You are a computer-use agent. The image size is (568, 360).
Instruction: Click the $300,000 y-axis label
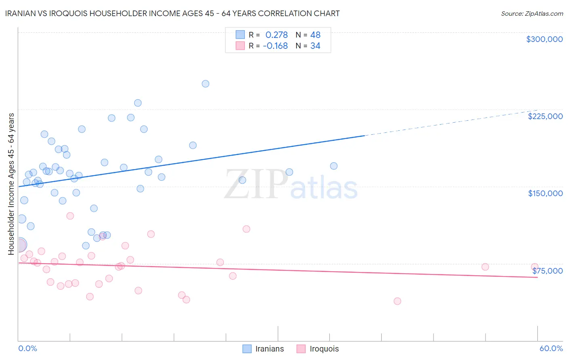[544, 39]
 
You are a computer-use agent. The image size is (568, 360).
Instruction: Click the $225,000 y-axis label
[545, 116]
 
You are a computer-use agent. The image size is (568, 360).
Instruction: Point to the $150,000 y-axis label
[545, 193]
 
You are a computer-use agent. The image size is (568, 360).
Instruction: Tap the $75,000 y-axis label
[547, 271]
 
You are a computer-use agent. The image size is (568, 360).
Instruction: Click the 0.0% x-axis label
[27, 348]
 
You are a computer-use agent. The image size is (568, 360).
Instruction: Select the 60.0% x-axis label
[551, 348]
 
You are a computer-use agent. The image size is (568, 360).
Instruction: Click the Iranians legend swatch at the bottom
[247, 349]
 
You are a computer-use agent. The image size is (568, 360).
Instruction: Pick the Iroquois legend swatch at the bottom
[301, 349]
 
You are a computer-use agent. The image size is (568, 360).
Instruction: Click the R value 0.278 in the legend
[276, 35]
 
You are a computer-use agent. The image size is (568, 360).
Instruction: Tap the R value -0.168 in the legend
[275, 46]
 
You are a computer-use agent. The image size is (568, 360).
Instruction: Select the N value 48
[315, 35]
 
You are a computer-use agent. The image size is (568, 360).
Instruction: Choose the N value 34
[315, 46]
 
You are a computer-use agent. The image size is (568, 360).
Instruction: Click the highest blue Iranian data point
[205, 84]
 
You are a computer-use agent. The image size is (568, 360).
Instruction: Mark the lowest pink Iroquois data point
[397, 301]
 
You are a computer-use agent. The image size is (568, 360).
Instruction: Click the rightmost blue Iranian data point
[334, 166]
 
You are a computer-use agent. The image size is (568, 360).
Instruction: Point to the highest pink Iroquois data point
[70, 216]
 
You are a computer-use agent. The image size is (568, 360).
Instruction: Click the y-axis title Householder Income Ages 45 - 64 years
[11, 184]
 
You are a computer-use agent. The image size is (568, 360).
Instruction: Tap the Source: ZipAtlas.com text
[532, 14]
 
